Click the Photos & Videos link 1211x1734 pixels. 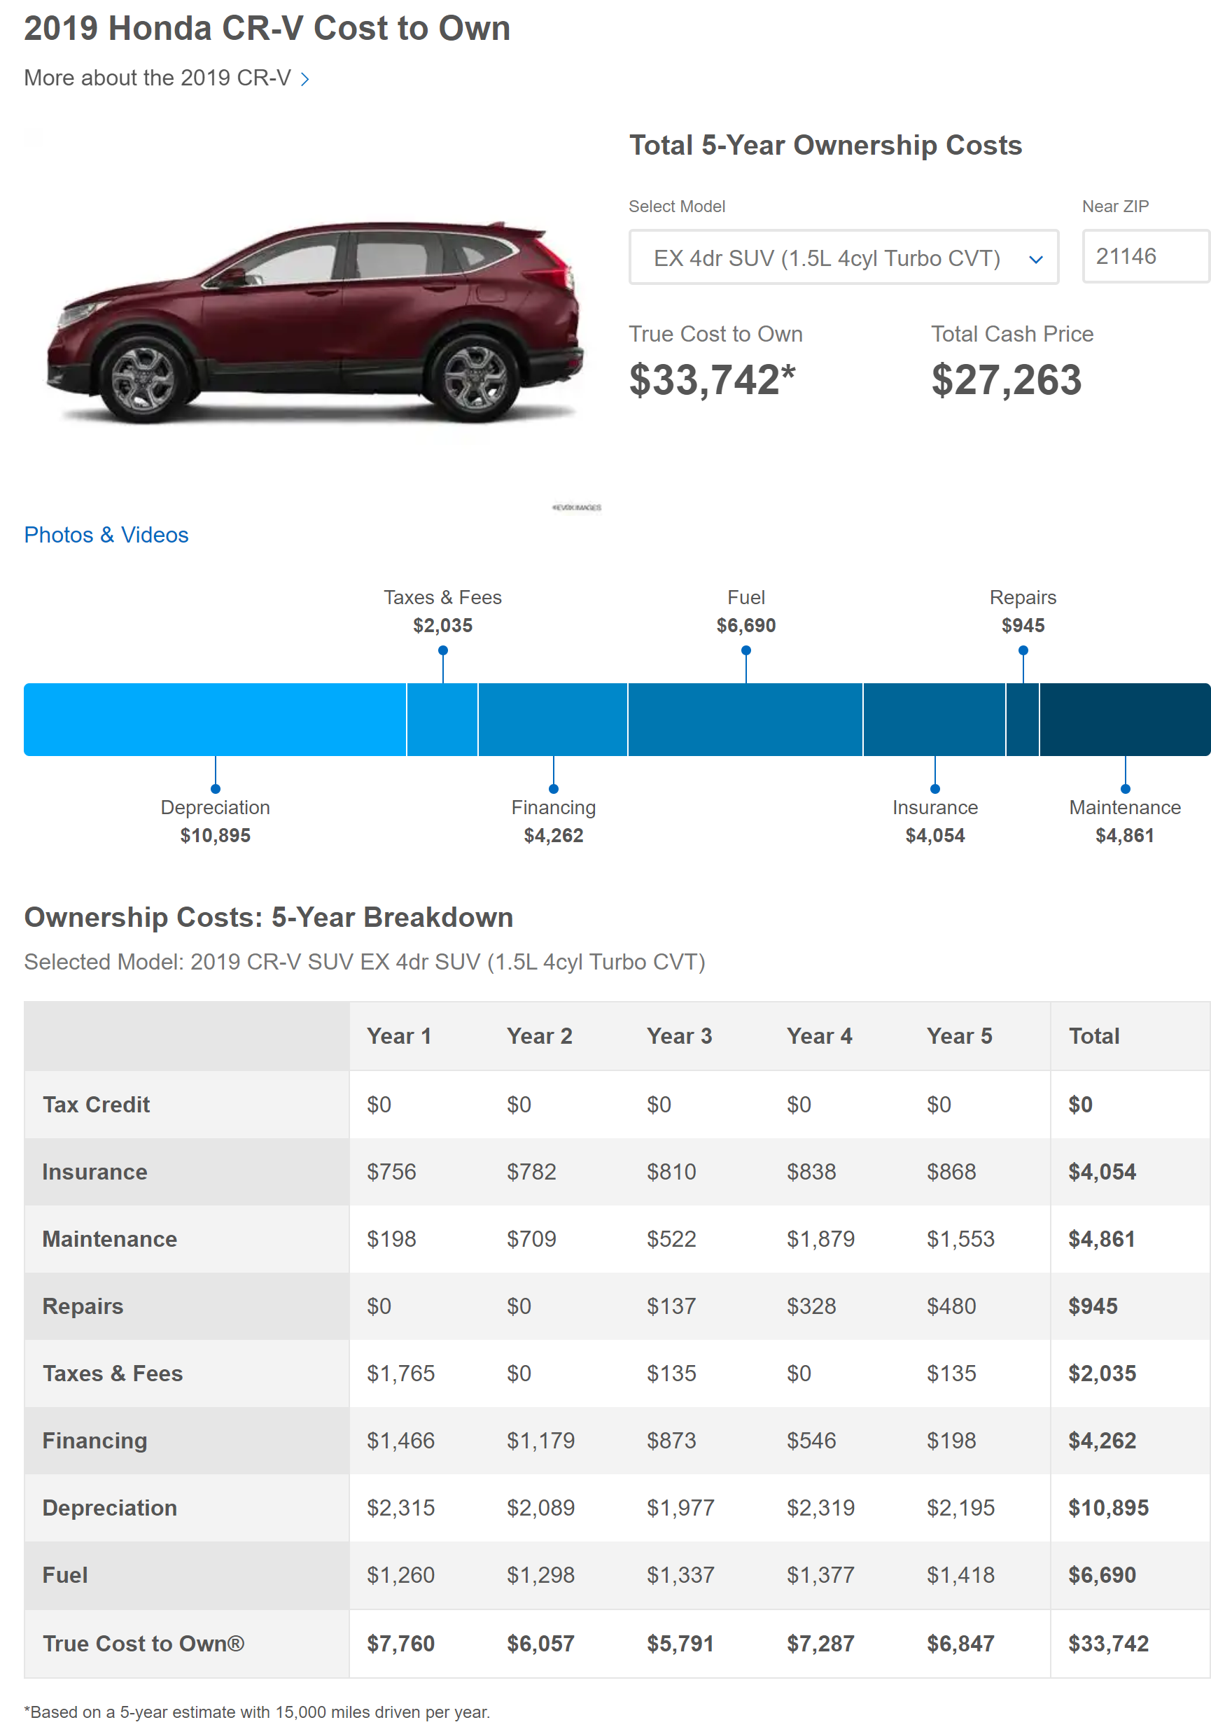point(106,535)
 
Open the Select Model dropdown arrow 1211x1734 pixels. point(1035,259)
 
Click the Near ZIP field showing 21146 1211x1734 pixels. point(1144,257)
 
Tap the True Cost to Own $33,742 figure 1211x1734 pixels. point(711,380)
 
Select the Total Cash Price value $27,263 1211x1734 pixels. point(1006,380)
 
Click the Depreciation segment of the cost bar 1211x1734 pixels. point(215,719)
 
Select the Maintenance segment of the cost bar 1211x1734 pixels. point(1124,719)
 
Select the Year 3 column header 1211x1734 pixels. point(679,1035)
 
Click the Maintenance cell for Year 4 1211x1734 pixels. point(820,1238)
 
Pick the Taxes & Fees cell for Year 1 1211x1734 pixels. point(400,1373)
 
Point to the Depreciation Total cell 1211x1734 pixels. point(1107,1507)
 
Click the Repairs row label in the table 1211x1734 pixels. point(83,1306)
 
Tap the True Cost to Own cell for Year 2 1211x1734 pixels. point(540,1644)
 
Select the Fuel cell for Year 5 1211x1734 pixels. point(960,1574)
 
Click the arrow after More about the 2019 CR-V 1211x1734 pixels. point(305,79)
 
